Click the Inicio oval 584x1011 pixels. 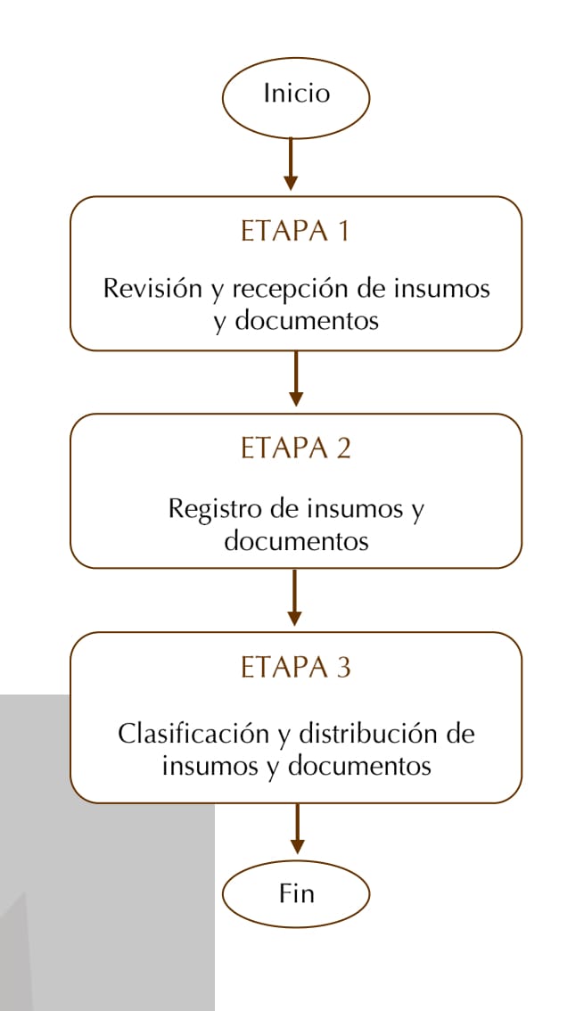pos(296,97)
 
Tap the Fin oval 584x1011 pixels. pos(296,893)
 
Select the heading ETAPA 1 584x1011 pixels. pos(295,232)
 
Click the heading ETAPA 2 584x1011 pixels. pos(296,448)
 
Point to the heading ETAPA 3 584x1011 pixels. pos(296,668)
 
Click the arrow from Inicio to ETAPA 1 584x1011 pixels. pos(291,164)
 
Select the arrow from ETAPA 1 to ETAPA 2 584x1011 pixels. pos(295,379)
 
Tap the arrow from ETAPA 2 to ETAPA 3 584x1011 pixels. pos(294,597)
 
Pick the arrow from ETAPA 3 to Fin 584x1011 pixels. pos(297,828)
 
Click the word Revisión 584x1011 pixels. pos(152,288)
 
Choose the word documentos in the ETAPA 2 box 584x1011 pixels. pos(297,541)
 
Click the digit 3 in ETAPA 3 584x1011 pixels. pos(343,668)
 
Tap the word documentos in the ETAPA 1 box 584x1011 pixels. pos(306,320)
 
